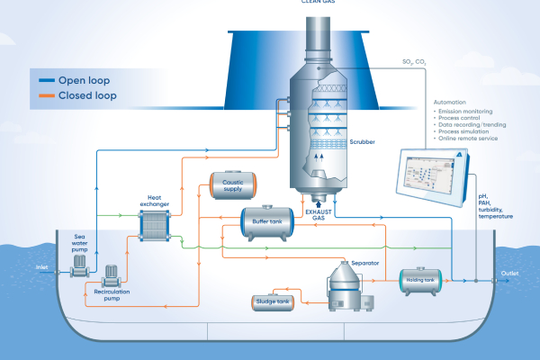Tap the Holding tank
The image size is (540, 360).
[x=423, y=280]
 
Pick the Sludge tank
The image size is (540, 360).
[x=272, y=302]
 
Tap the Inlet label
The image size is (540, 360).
[x=41, y=266]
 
